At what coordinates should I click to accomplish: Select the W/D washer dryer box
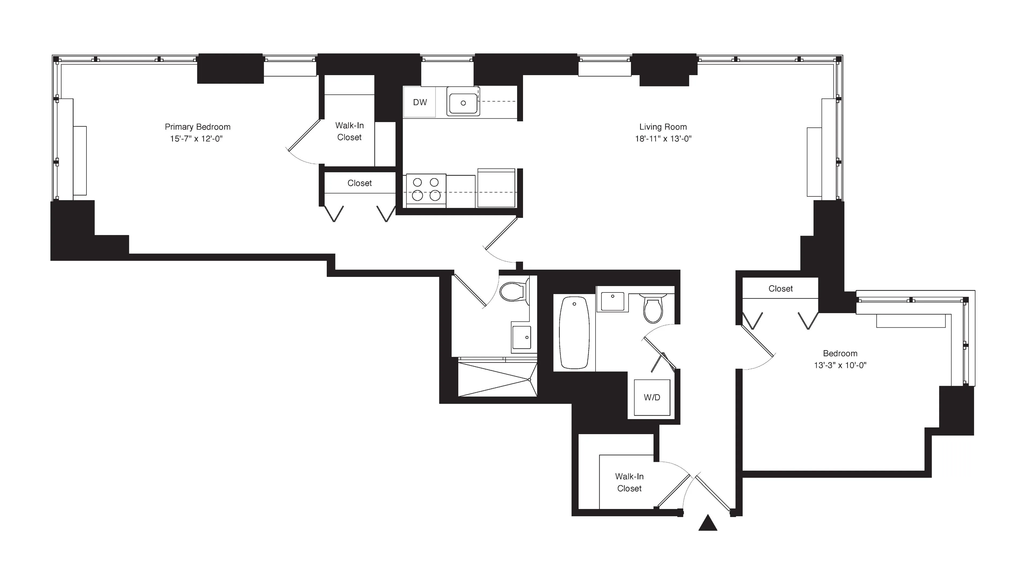pos(652,397)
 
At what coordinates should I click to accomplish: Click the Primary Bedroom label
pos(197,127)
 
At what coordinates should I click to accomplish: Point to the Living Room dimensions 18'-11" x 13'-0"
pos(663,139)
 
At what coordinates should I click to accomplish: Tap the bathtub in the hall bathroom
pos(574,332)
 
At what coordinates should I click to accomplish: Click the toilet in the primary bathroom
pos(514,292)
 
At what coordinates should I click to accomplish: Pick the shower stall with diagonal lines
pos(496,379)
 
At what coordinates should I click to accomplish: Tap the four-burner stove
pos(426,189)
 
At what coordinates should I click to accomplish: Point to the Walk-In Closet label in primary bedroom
pos(349,131)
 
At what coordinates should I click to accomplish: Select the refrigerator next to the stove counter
pos(496,188)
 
